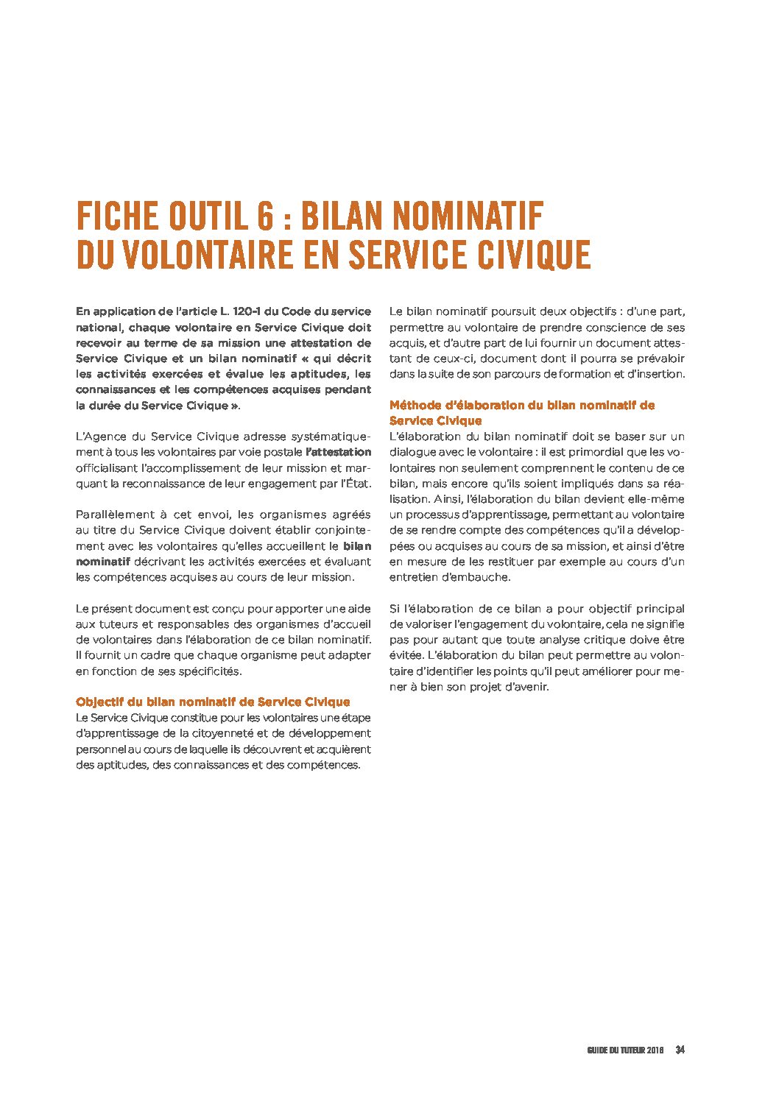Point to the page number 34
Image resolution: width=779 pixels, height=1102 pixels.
pos(680,1050)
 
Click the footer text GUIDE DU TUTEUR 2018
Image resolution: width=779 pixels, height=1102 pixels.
pos(626,1050)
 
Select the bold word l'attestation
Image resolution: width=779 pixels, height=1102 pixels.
pos(338,452)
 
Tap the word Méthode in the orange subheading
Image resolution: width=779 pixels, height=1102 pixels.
pos(415,405)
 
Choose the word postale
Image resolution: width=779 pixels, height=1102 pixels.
pos(283,452)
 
